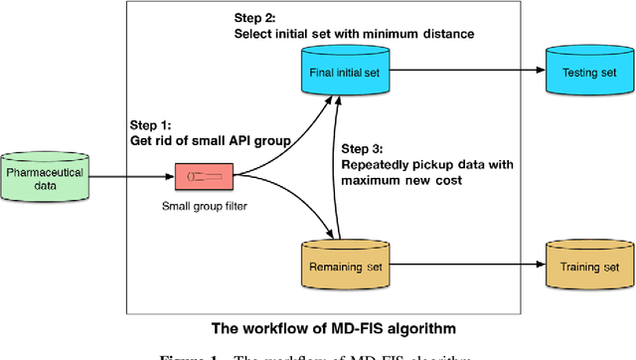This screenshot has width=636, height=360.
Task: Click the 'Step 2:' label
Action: tap(256, 17)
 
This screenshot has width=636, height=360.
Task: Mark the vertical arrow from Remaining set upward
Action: tap(341, 169)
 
